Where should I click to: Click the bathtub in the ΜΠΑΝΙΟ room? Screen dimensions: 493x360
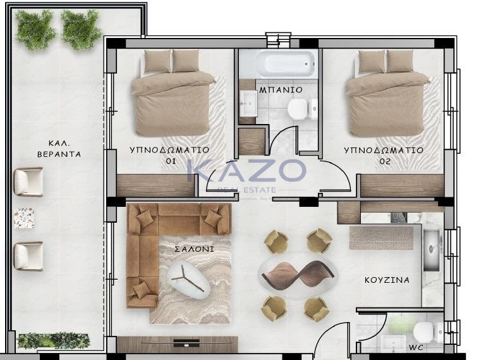click(286, 64)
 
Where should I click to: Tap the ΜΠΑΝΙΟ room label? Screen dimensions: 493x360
click(281, 90)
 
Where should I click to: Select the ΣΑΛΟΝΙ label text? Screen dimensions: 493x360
click(194, 249)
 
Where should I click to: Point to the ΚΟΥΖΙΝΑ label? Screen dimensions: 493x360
click(387, 280)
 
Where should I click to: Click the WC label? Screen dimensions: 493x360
click(416, 348)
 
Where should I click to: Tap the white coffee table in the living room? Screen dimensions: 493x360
click(188, 280)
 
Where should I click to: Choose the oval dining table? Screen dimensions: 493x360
click(298, 273)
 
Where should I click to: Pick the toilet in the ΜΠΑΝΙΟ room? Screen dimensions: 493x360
click(303, 109)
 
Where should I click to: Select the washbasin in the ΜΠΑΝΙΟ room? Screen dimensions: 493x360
click(248, 103)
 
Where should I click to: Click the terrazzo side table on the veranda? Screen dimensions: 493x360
click(24, 218)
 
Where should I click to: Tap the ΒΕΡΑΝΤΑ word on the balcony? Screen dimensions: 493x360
click(59, 154)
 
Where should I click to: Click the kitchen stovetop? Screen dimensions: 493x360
click(399, 217)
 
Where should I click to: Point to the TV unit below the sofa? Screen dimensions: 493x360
click(178, 344)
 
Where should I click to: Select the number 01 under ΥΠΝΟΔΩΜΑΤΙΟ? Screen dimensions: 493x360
click(171, 161)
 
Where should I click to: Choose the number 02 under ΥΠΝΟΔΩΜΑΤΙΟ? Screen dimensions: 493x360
click(385, 162)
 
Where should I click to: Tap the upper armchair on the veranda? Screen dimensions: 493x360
click(28, 182)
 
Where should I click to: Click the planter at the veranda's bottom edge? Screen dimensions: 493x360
click(54, 341)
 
